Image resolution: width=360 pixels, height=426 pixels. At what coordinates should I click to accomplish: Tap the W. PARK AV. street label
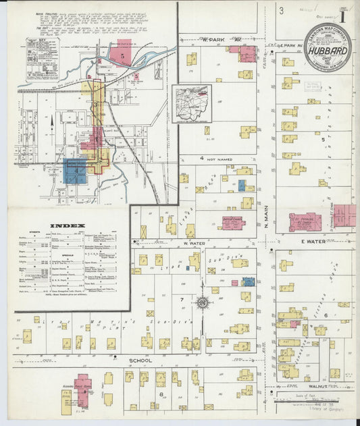211,40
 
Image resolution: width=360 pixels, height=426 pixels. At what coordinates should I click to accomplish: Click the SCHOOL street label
140,361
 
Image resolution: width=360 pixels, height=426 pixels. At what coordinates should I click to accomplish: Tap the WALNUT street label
315,387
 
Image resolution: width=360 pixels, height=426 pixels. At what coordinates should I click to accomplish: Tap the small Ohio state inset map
191,103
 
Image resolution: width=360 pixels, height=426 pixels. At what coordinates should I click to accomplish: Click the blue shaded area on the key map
74,171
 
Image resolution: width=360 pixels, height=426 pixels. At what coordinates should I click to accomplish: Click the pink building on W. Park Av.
247,54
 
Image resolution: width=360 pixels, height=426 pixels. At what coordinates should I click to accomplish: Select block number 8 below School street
161,394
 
